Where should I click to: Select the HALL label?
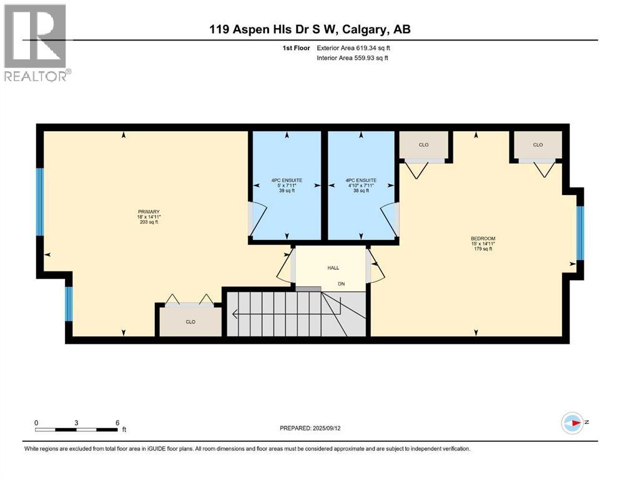333,267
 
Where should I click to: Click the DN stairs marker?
341,284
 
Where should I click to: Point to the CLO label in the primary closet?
190,322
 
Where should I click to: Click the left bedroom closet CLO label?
423,145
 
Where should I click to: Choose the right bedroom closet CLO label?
538,145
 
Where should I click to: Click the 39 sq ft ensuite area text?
287,191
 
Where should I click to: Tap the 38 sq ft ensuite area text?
362,191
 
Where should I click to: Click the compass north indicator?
573,422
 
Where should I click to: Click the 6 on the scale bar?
117,422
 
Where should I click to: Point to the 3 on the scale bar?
76,422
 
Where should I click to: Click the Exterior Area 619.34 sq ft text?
354,47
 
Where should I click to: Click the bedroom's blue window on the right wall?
579,232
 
